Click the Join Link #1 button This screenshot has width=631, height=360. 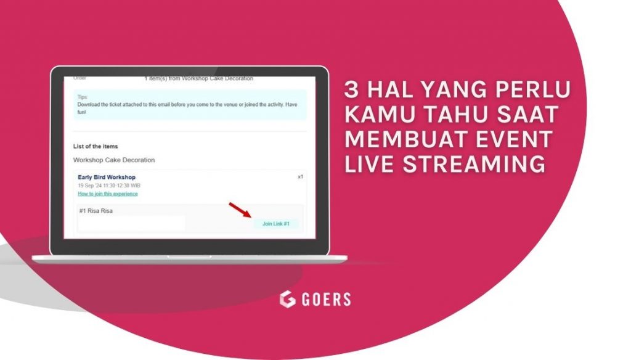coord(276,224)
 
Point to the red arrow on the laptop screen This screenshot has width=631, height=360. coord(241,210)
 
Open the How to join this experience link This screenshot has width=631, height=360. coord(107,194)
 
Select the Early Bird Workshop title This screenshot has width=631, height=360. coord(106,178)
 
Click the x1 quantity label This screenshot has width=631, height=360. coord(300,177)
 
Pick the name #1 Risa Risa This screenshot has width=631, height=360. coord(96,211)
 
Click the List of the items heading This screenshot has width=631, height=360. coord(96,146)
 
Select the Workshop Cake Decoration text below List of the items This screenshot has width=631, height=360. coord(114,160)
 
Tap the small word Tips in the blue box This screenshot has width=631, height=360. coord(83,97)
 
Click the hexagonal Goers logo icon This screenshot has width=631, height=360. coord(287,300)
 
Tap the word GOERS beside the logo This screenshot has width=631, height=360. coord(326,300)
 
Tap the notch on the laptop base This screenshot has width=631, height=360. coord(189,256)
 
